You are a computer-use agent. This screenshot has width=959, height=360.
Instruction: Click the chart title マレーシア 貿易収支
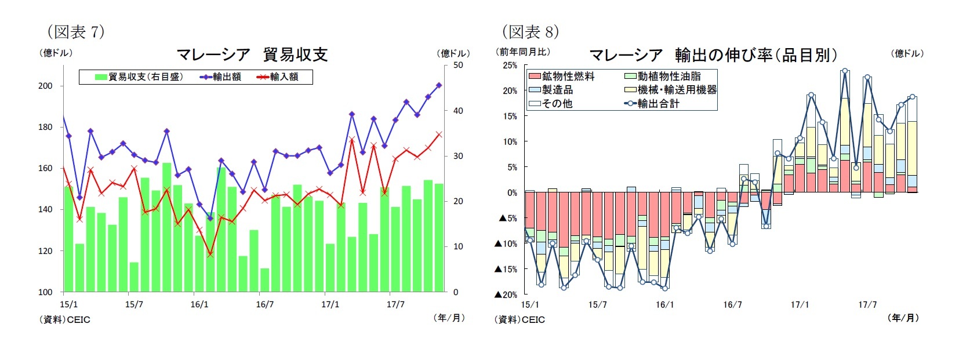coord(252,54)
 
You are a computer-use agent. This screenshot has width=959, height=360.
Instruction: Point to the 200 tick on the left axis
coord(45,86)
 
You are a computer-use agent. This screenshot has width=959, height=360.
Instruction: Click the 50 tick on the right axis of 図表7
coord(458,65)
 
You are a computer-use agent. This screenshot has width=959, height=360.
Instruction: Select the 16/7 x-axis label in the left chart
coord(265,304)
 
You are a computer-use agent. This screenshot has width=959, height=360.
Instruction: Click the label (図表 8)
coord(530,31)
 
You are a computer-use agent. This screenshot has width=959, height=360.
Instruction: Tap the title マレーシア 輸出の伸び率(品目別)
coord(713,55)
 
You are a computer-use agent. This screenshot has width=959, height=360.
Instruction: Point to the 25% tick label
coord(510,66)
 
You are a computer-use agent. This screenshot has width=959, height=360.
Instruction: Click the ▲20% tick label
coord(505,294)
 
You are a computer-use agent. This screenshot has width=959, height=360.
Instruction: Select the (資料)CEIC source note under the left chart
coord(65,319)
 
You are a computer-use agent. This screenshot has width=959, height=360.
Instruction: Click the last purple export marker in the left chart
coord(439,85)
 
